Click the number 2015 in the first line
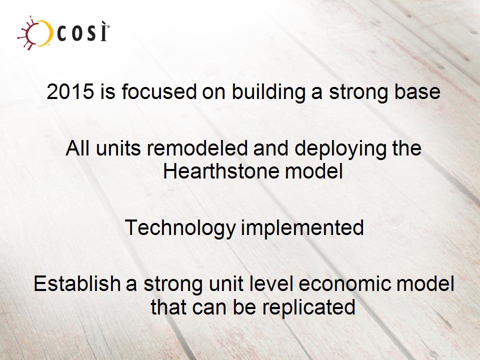pyautogui.click(x=70, y=91)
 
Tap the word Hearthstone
pyautogui.click(x=221, y=171)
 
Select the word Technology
pyautogui.click(x=180, y=228)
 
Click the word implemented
pyautogui.click(x=302, y=228)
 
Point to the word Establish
pyautogui.click(x=77, y=283)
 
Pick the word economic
pyautogui.click(x=344, y=283)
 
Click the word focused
pyautogui.click(x=158, y=91)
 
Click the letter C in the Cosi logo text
pyautogui.click(x=62, y=34)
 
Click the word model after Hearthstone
pyautogui.click(x=314, y=171)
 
